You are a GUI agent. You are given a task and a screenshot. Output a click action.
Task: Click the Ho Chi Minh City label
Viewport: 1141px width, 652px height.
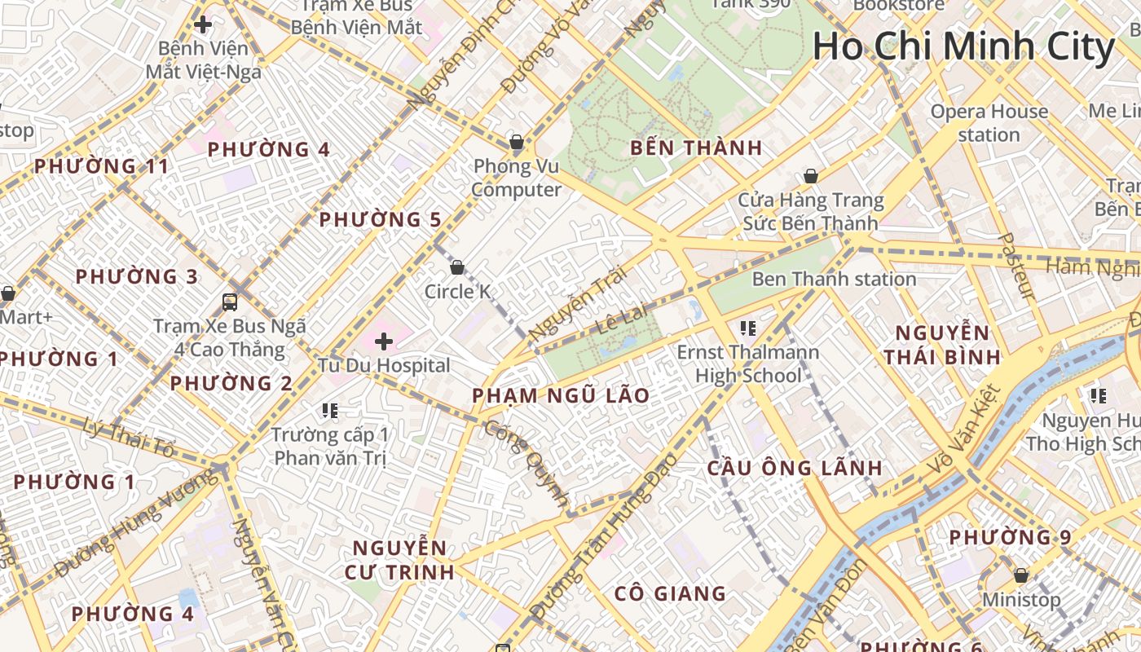(963, 46)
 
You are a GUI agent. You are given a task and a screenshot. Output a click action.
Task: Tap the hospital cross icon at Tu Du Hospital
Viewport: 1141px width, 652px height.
(383, 341)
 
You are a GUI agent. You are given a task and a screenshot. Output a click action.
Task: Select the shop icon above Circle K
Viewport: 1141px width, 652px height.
(457, 267)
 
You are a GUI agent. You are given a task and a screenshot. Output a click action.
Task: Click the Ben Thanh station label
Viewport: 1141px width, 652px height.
(834, 280)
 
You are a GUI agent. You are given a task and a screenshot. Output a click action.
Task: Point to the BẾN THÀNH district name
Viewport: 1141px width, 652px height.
(696, 148)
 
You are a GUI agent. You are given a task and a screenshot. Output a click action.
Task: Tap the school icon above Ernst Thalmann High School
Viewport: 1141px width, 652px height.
(747, 328)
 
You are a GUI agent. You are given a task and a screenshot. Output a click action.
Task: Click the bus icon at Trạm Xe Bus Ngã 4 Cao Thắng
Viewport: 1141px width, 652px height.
(230, 302)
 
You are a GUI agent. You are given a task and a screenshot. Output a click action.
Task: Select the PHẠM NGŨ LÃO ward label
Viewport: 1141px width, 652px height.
(562, 396)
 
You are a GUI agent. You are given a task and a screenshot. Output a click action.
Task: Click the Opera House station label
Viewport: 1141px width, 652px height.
(989, 123)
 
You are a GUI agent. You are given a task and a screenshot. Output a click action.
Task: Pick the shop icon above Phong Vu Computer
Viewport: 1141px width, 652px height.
(516, 142)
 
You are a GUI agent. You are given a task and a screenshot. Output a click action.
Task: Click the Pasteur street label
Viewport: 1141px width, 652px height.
(1015, 266)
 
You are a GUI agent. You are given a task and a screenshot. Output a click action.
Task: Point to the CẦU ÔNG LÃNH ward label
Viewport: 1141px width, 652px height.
(794, 468)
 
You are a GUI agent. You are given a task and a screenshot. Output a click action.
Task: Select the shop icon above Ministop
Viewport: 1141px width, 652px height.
(1020, 575)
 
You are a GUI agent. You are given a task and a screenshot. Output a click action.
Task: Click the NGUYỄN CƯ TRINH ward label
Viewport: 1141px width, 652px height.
(399, 559)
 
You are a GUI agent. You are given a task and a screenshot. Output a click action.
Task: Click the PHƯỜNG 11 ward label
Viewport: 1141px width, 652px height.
(101, 167)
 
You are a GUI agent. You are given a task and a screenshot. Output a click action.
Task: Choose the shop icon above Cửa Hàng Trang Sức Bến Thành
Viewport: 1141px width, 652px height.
(810, 176)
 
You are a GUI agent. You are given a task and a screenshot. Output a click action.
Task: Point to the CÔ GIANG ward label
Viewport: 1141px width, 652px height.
(670, 593)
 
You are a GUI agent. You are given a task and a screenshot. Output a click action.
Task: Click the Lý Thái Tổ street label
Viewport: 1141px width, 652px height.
(130, 437)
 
